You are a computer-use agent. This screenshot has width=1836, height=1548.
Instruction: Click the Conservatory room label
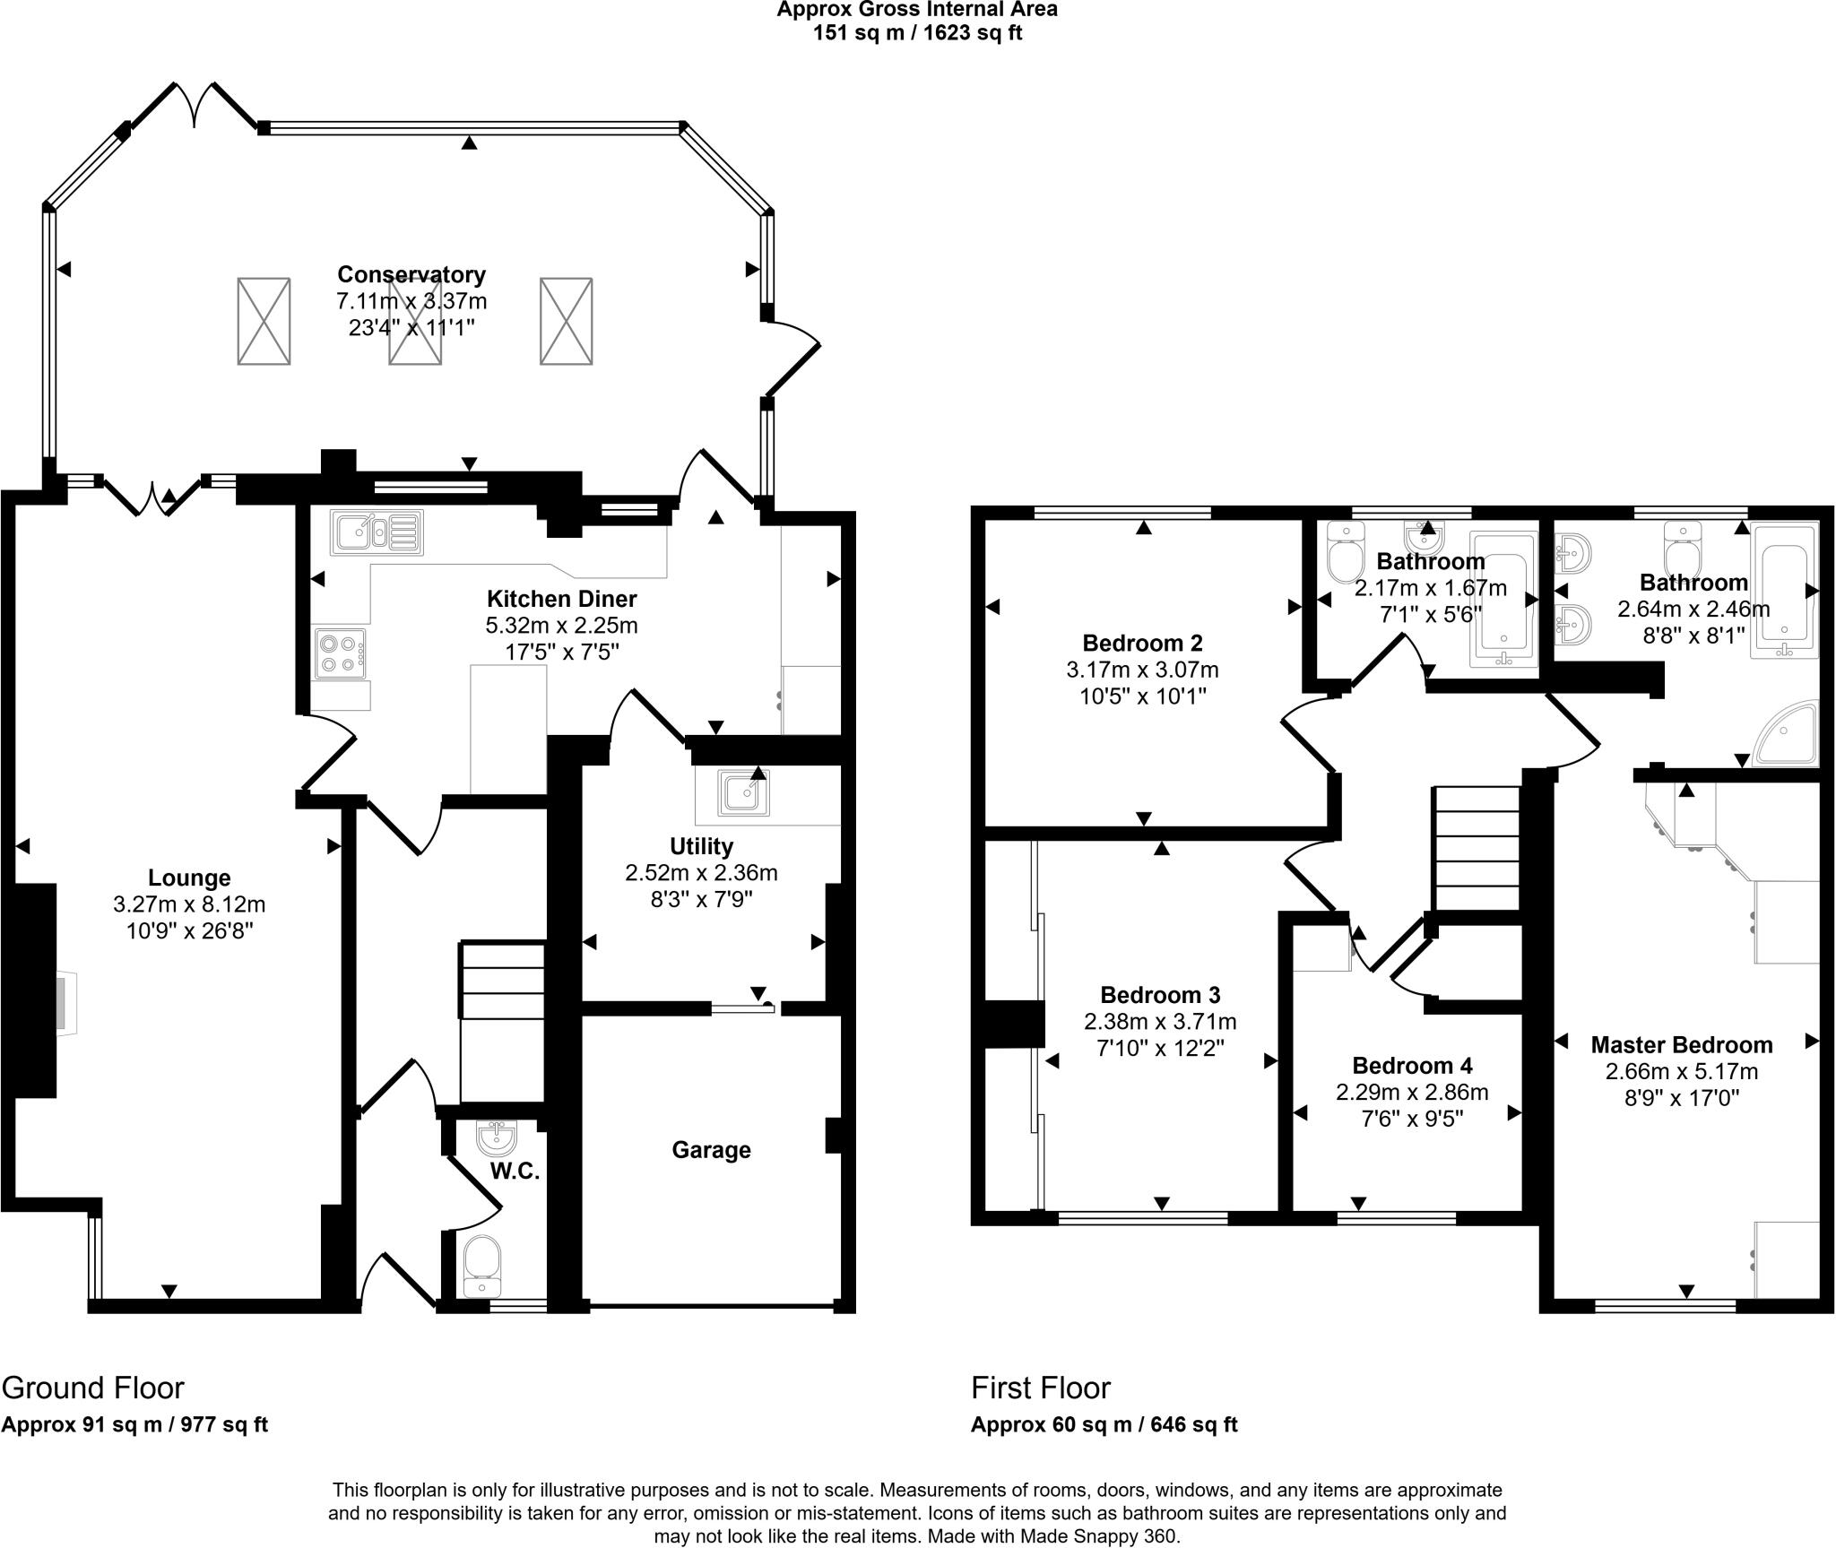[411, 274]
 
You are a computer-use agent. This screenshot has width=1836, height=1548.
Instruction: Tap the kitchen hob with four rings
[341, 653]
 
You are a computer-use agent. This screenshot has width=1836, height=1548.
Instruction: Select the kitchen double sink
[377, 532]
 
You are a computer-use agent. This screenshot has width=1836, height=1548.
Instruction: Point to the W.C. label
[515, 1171]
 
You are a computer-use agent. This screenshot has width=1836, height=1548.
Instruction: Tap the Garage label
[711, 1150]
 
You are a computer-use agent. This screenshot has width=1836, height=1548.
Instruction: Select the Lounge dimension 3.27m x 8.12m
[189, 904]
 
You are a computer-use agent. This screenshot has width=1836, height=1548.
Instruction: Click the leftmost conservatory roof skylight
[264, 321]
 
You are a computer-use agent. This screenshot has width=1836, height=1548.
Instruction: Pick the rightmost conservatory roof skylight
[566, 321]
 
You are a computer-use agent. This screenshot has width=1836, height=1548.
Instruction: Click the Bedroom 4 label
[1412, 1066]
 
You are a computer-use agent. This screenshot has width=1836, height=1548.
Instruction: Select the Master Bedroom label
[1682, 1044]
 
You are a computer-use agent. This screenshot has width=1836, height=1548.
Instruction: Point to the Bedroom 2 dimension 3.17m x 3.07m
[1142, 670]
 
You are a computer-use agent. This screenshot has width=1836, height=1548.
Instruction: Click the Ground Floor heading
[92, 1388]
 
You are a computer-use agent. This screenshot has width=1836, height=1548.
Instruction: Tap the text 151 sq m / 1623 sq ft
[917, 33]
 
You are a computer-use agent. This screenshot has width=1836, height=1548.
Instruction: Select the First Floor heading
[1040, 1388]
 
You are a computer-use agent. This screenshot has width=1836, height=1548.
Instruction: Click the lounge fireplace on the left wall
[36, 990]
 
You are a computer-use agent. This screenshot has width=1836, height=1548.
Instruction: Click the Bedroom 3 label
[1160, 995]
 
